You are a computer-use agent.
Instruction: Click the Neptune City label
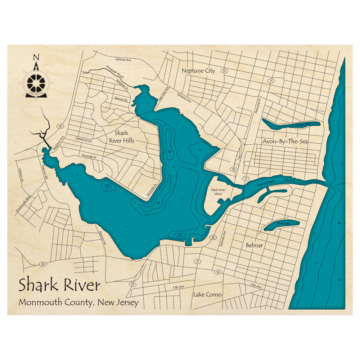(198, 71)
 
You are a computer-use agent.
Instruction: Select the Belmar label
(254, 246)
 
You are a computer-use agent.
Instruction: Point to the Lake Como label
(207, 294)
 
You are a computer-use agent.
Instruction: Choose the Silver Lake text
(283, 224)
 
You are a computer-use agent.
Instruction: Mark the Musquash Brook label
(114, 72)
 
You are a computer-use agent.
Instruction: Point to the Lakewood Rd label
(84, 139)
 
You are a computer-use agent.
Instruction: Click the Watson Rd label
(21, 175)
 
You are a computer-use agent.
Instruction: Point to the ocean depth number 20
(339, 280)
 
